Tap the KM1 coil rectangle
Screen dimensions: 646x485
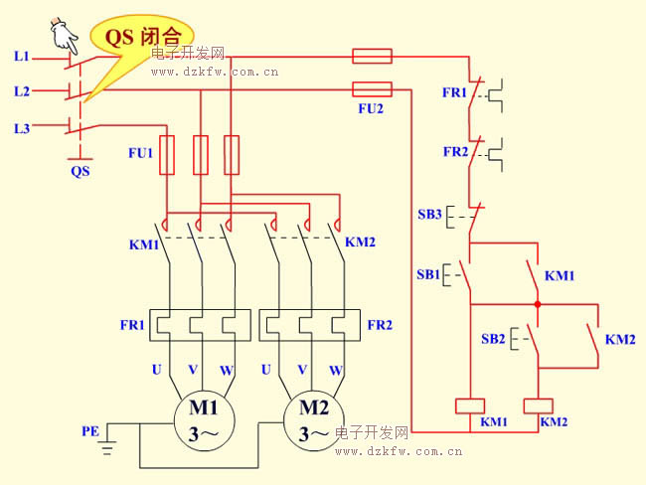pos(470,405)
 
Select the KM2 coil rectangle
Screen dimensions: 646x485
pos(538,405)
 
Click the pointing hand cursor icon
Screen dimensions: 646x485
pos(64,36)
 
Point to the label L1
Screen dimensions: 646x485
pos(22,56)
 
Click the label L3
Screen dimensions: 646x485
pos(22,128)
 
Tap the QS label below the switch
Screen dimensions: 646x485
pos(81,171)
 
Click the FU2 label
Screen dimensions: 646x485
pos(371,108)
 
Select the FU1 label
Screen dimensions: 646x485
pos(140,153)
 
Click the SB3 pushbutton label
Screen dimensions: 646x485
pos(429,215)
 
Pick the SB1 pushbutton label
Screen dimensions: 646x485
pos(428,274)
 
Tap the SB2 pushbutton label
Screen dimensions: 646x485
pos(493,339)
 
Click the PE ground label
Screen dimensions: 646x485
pos(90,431)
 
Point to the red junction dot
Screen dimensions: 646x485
pos(538,304)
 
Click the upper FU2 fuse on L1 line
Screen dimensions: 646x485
pos(372,56)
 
